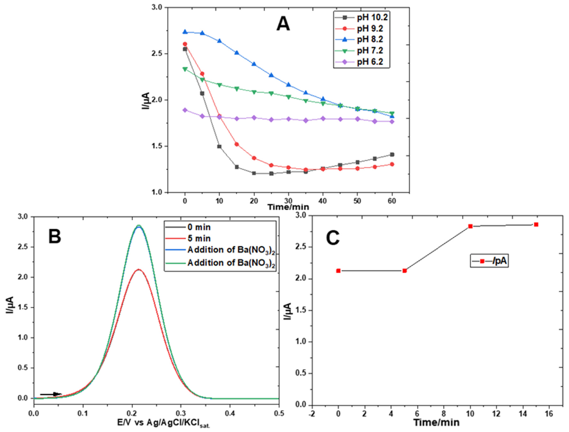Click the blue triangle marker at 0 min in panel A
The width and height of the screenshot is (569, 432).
(185, 32)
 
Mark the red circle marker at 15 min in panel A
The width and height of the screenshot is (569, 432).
(237, 144)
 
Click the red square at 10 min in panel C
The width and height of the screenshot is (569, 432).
(471, 226)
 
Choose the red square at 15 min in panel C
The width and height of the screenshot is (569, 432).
(536, 225)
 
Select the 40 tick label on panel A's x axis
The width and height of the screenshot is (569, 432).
(323, 201)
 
